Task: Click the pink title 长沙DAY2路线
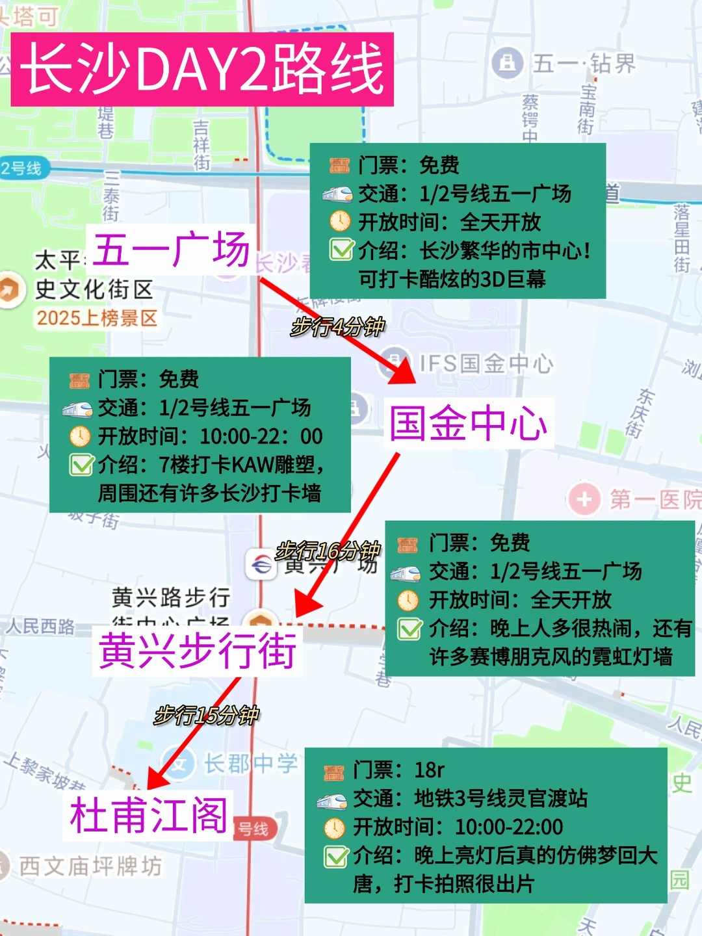[202, 69]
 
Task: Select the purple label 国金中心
[468, 423]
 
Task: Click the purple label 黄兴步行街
[198, 651]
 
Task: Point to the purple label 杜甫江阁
[149, 815]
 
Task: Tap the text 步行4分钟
[337, 326]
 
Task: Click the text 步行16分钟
[328, 551]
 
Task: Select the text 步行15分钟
[207, 716]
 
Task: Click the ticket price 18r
[429, 770]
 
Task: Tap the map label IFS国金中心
[486, 363]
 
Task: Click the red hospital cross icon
[584, 499]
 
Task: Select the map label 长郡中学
[251, 763]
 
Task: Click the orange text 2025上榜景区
[97, 318]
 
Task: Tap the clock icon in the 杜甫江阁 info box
[334, 828]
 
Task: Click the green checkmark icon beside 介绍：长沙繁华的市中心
[341, 250]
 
